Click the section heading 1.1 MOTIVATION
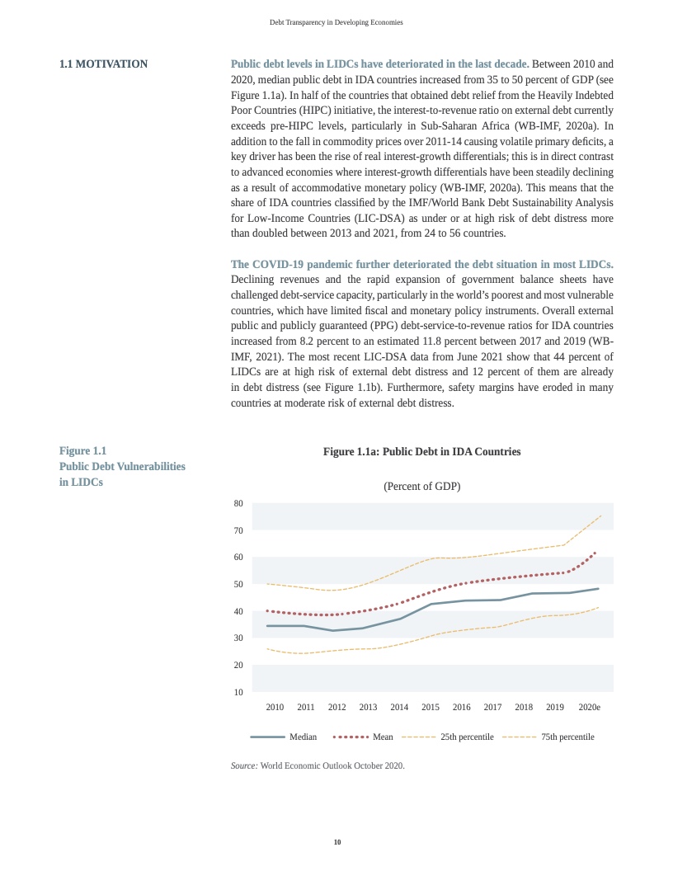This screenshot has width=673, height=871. point(103,64)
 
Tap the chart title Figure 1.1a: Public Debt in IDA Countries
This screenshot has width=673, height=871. point(421,452)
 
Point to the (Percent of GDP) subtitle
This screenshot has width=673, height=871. point(421,487)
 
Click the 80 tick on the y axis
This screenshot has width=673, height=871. point(238,503)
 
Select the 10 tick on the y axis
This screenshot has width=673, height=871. point(238,692)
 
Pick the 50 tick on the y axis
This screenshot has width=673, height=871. point(238,584)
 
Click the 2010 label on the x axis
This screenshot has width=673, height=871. point(275,708)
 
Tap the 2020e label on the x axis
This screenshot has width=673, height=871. point(589,708)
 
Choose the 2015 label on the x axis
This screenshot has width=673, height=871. point(431,708)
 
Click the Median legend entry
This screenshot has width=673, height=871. point(303,737)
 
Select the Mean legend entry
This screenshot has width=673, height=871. point(383,737)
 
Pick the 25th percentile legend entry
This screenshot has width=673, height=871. point(467,737)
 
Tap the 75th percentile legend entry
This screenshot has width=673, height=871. point(567,737)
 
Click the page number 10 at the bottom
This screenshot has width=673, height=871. point(336,842)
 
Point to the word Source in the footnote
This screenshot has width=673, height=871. point(244,766)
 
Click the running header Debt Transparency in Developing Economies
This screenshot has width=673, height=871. point(336,22)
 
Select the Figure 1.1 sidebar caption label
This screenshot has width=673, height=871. point(83,451)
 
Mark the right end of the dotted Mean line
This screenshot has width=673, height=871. point(595,553)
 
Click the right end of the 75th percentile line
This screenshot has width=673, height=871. point(600,516)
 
